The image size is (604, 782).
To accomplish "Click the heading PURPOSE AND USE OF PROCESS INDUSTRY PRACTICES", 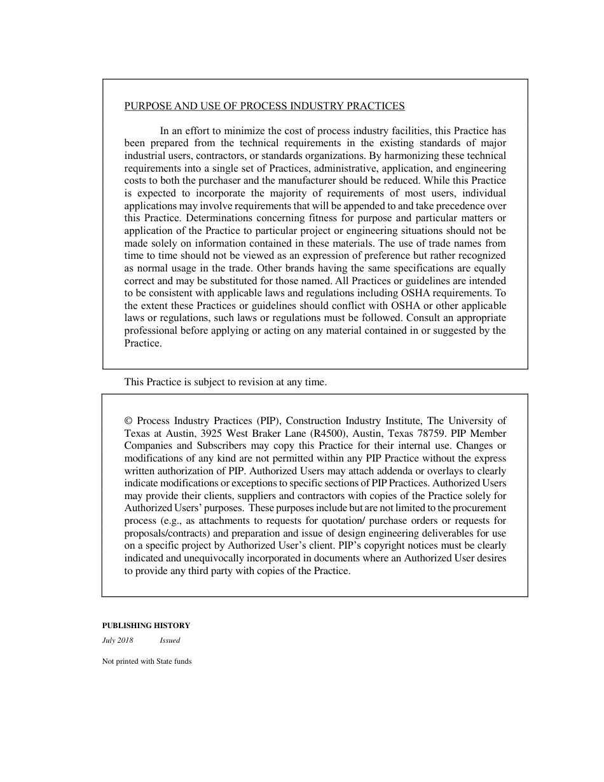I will (264, 106).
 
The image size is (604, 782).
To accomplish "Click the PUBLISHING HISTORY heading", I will (146, 626).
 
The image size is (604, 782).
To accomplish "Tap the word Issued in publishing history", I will (170, 640).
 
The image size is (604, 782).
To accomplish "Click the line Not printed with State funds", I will (146, 661).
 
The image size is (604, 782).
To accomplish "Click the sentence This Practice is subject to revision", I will (225, 382).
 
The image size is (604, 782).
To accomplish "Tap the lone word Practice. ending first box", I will (143, 343).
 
